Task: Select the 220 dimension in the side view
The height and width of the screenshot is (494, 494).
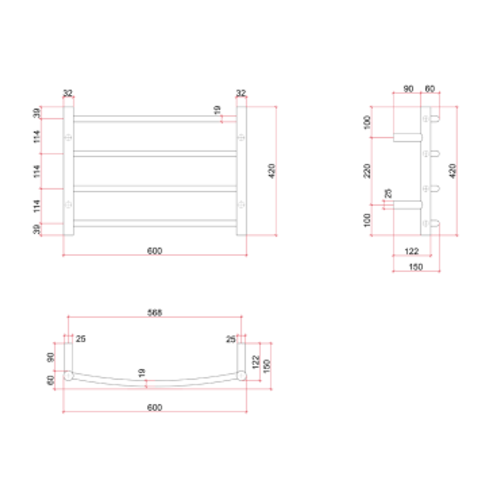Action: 367,170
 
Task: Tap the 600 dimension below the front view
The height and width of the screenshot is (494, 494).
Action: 155,251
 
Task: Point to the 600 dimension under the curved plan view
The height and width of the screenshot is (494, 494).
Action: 155,408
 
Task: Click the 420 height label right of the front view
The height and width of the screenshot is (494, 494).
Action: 272,171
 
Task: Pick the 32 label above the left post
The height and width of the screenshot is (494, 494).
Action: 68,93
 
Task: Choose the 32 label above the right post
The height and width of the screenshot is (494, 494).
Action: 241,93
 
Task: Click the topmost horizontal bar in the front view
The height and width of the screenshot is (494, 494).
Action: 155,118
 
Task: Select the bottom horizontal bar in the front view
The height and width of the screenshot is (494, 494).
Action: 155,223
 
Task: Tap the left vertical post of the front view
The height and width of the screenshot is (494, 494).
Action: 68,171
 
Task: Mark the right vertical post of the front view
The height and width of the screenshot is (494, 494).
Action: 242,171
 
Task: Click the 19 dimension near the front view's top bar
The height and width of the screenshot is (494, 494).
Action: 217,110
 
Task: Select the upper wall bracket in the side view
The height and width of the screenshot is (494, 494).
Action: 407,137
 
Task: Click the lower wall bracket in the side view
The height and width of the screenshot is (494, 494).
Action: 407,205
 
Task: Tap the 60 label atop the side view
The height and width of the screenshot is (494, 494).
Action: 430,88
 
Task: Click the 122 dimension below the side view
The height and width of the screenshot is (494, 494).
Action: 412,251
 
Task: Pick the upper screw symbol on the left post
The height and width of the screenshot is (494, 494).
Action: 68,137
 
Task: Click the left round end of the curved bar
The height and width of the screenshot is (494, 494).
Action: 68,376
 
